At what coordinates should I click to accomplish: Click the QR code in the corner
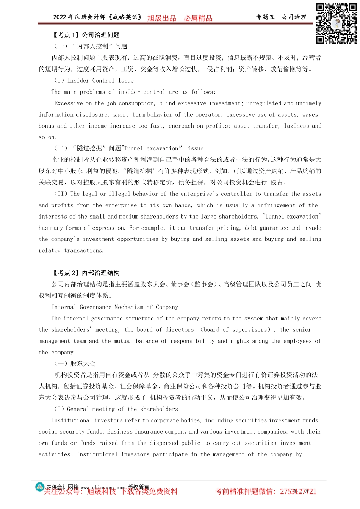coord(336,23)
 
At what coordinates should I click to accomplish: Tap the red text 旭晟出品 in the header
coord(162,18)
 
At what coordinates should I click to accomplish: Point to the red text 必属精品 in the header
coord(198,18)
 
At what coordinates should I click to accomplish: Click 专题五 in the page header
coord(265,17)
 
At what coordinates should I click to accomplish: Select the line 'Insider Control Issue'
coord(94,81)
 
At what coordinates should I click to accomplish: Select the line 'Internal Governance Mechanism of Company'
coord(114,307)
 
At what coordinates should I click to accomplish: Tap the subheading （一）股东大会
coord(75,364)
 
